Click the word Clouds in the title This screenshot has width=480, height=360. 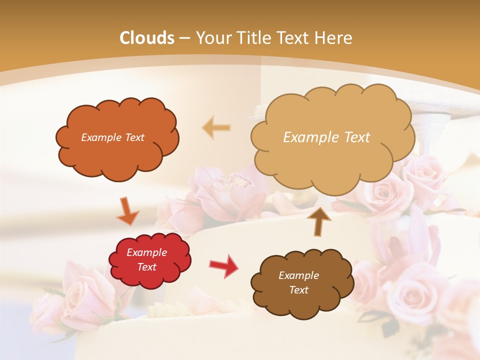(x=147, y=38)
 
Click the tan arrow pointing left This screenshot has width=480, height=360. (x=216, y=128)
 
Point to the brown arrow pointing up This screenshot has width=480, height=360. (x=319, y=220)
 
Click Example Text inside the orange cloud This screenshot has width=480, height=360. (x=112, y=137)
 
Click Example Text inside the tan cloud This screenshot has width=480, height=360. (x=326, y=137)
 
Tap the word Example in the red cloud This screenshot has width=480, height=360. (x=146, y=252)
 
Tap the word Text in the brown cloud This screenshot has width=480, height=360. (x=298, y=290)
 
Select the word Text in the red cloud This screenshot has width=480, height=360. (x=146, y=267)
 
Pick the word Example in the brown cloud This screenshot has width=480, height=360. (x=298, y=275)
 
